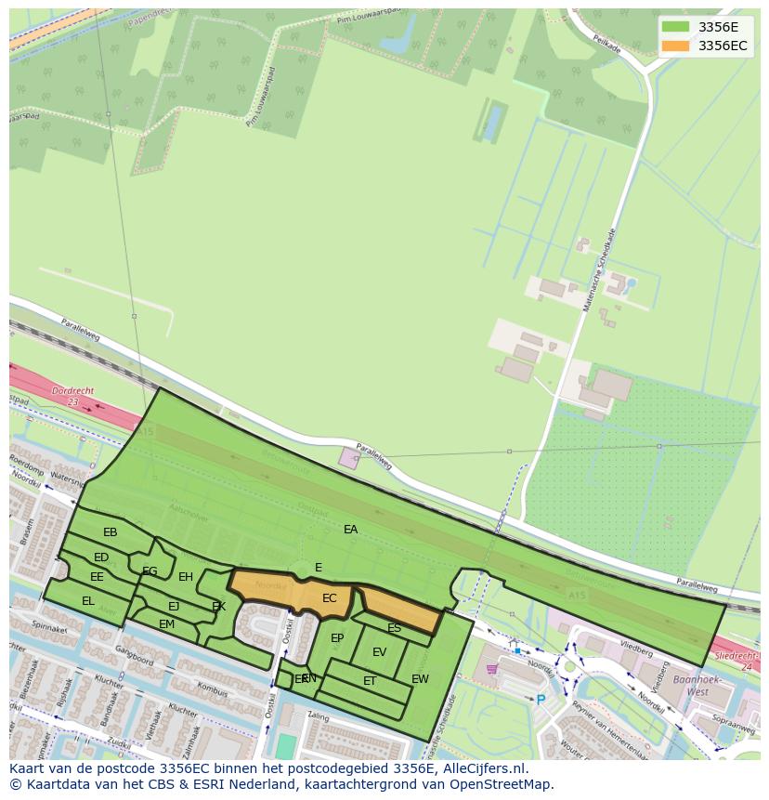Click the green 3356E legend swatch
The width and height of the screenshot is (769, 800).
(x=675, y=27)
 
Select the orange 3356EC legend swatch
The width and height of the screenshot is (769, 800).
(x=675, y=46)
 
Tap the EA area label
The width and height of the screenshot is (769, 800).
(x=350, y=530)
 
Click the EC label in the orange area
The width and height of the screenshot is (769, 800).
(x=329, y=598)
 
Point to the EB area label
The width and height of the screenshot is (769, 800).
(x=111, y=532)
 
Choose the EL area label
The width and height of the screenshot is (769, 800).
(x=88, y=601)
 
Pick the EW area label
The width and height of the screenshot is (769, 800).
(x=420, y=679)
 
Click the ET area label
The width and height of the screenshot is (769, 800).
(x=370, y=681)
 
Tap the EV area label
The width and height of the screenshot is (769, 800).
(x=379, y=652)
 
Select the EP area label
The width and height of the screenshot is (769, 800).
(x=337, y=638)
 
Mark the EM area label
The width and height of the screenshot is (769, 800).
(x=166, y=624)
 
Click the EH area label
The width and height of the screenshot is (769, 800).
(x=186, y=577)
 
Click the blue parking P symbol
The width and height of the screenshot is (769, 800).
(x=541, y=699)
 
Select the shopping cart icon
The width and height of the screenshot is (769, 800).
(x=491, y=668)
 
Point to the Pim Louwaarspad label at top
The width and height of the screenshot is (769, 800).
(x=349, y=19)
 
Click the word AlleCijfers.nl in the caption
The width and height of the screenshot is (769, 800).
(x=483, y=768)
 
